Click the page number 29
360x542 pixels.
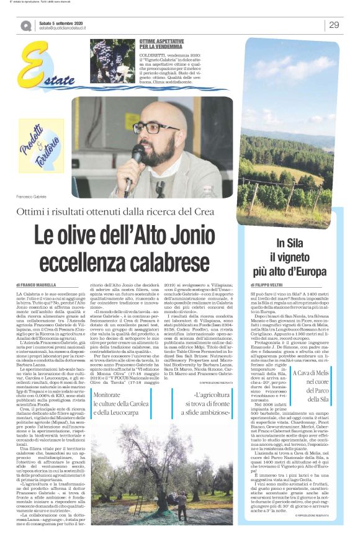click(x=334, y=24)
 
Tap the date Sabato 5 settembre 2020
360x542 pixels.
click(x=60, y=21)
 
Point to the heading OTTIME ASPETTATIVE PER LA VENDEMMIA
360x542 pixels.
click(x=163, y=43)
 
